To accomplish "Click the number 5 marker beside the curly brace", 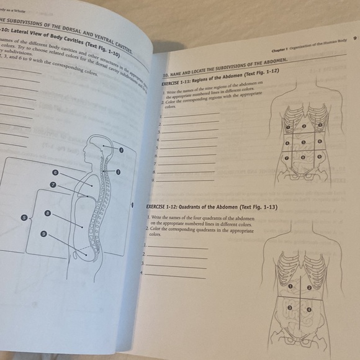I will point(24,218).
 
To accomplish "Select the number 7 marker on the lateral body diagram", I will point(53,185).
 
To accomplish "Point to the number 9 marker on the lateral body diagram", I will point(43,233).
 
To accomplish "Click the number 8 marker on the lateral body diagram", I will point(48,213).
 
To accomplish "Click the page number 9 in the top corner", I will point(354,38).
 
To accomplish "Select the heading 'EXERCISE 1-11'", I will point(178,81).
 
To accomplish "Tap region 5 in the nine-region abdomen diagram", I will point(304,142).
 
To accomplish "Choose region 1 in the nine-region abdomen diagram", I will point(287,127).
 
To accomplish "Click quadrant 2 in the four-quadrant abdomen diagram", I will point(310,288).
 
